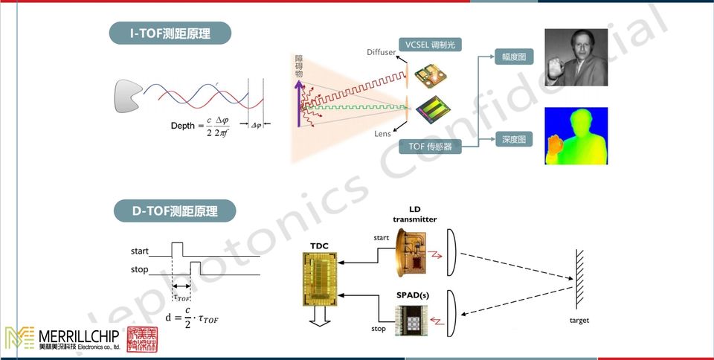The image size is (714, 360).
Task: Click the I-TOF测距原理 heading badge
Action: (170, 33)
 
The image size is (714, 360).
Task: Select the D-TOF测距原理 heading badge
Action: (175, 211)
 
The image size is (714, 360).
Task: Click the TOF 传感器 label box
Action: (430, 147)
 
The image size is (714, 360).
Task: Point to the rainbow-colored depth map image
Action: (576, 135)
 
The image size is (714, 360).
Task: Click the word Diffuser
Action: (382, 52)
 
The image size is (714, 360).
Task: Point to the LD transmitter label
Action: (415, 213)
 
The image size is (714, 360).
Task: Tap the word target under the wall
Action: (579, 321)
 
